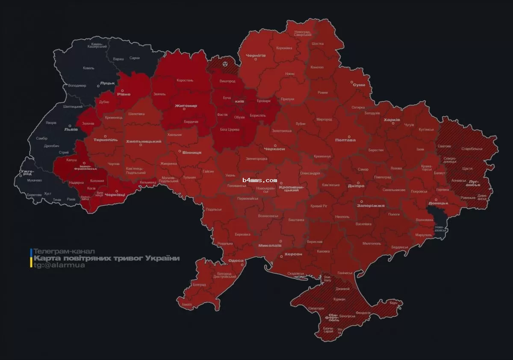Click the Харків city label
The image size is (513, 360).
tap(392, 120)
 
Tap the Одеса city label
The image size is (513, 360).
tap(236, 260)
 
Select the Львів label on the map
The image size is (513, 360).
tap(71, 129)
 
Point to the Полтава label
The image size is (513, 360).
tap(345, 140)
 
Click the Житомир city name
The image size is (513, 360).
tap(186, 106)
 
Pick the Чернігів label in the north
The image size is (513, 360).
tap(256, 56)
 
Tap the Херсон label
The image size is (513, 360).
tap(293, 254)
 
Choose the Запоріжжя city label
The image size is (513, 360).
tap(371, 205)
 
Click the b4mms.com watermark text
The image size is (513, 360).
tap(259, 180)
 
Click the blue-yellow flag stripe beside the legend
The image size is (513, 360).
tap(31, 258)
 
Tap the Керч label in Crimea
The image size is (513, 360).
tap(393, 303)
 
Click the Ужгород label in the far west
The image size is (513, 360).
tap(25, 172)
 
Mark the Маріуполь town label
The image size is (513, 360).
tap(423, 235)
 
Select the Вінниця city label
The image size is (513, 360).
tap(192, 153)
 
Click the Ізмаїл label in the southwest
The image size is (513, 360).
tap(187, 304)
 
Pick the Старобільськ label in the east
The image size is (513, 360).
tap(472, 149)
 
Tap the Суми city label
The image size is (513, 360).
tap(359, 85)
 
